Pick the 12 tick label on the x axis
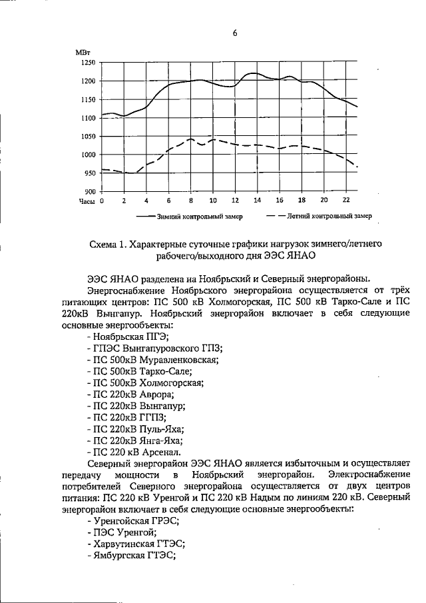click(x=235, y=201)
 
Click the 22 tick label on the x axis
click(x=345, y=201)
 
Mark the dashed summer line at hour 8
click(x=190, y=139)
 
